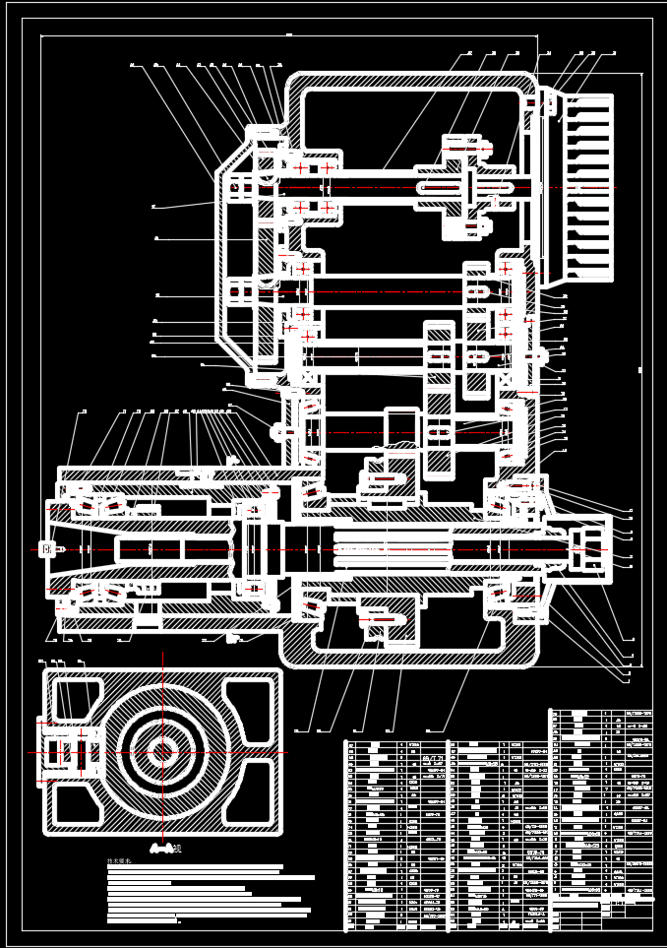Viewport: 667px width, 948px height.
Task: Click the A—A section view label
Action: tap(161, 845)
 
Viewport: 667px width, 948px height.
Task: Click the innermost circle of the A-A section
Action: tap(160, 752)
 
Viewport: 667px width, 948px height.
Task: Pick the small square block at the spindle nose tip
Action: tap(45, 548)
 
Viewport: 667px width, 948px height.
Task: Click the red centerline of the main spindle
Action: tap(325, 548)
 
